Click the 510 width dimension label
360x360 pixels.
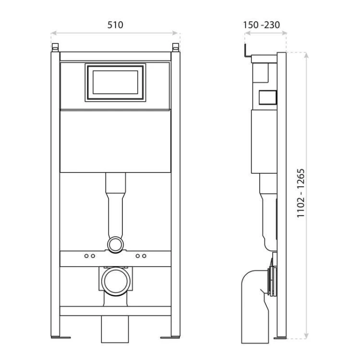115,25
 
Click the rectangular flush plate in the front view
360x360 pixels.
115,82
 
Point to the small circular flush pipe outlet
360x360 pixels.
115,244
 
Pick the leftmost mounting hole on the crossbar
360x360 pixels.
86,256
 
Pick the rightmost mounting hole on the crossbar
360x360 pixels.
144,256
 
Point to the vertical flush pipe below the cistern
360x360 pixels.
115,206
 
